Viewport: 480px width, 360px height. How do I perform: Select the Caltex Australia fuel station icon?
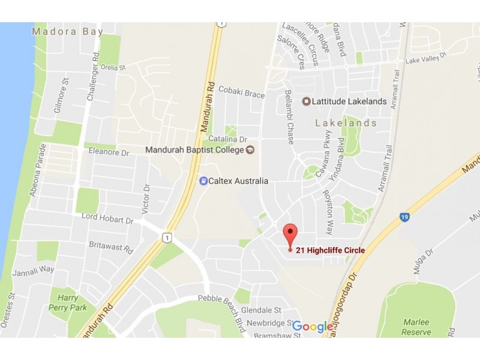(x=204, y=181)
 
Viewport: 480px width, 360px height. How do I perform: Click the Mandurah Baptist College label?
(x=196, y=149)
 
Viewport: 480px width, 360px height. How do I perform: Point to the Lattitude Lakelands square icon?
(x=306, y=101)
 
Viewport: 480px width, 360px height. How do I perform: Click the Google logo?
(x=312, y=327)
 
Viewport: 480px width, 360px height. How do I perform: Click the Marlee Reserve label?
(x=416, y=328)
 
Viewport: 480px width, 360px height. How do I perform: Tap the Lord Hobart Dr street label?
(x=107, y=221)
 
